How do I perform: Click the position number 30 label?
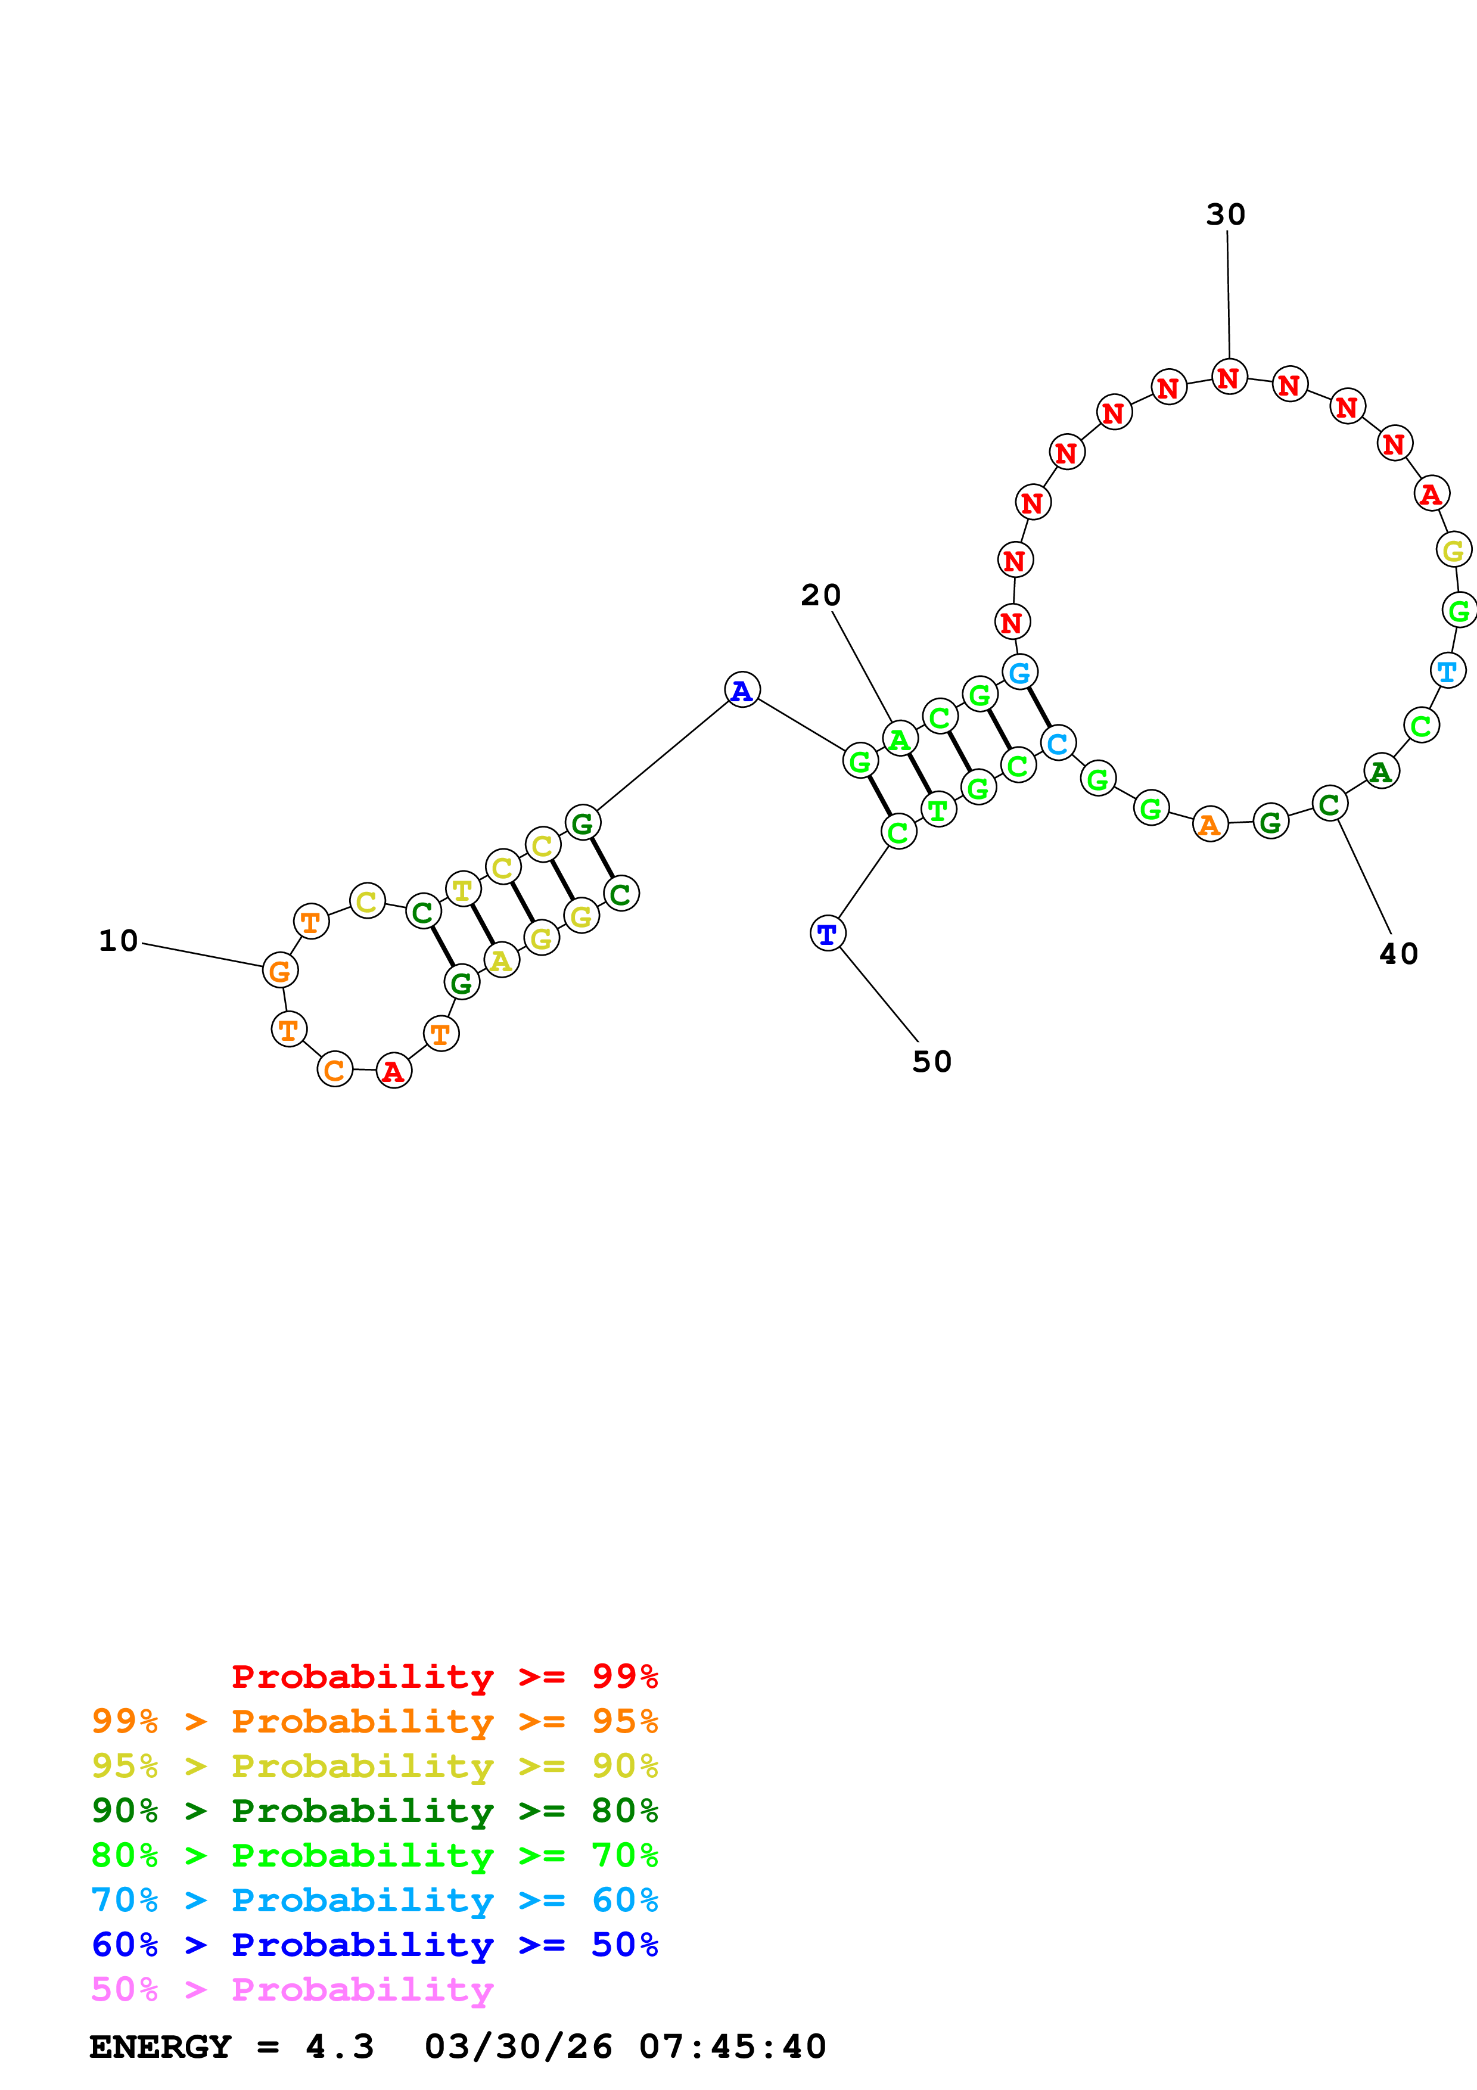(1225, 215)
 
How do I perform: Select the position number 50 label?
(932, 1062)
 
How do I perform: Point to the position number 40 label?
(1399, 954)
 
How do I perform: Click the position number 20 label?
(821, 595)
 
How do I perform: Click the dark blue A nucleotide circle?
(742, 690)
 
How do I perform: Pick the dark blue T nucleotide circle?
(827, 933)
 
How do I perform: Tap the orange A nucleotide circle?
(1210, 824)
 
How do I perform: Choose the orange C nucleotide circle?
(335, 1069)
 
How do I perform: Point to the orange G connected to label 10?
(280, 971)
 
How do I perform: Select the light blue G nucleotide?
(1020, 672)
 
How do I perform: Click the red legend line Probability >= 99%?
(444, 1677)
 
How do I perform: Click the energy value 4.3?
(340, 2047)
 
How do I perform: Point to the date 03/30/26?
(518, 2047)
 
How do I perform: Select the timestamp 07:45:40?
(733, 2047)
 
